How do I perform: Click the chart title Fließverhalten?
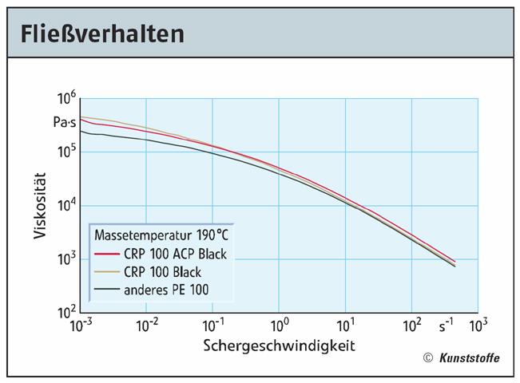tap(101, 33)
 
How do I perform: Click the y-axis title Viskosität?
tap(39, 205)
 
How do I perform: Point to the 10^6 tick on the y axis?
tap(65, 100)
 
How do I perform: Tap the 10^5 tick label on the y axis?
tap(65, 150)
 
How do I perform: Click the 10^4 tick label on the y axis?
tap(65, 205)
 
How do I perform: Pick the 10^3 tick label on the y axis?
tap(65, 259)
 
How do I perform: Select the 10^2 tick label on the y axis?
tap(65, 311)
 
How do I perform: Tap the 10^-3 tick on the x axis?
tap(81, 326)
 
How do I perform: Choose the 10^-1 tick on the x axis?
tap(213, 326)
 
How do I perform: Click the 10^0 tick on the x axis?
tap(279, 326)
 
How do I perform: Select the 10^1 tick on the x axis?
tap(345, 326)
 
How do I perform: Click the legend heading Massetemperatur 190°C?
tap(162, 236)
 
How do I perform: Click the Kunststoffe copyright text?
tap(468, 358)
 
